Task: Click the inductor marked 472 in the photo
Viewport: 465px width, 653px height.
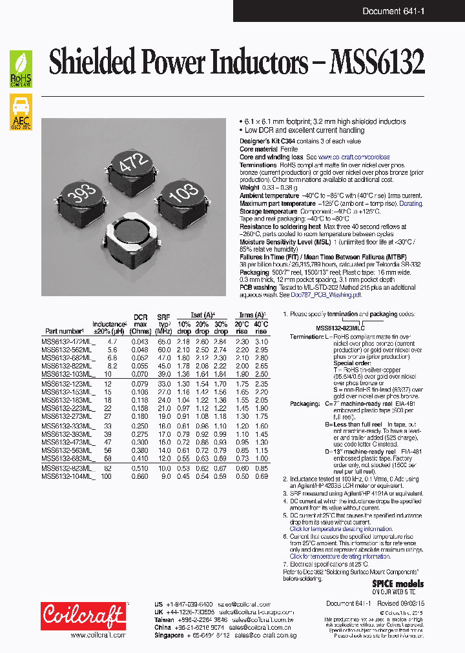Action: tap(133, 167)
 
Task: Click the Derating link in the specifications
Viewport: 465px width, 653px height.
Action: tap(411, 203)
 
